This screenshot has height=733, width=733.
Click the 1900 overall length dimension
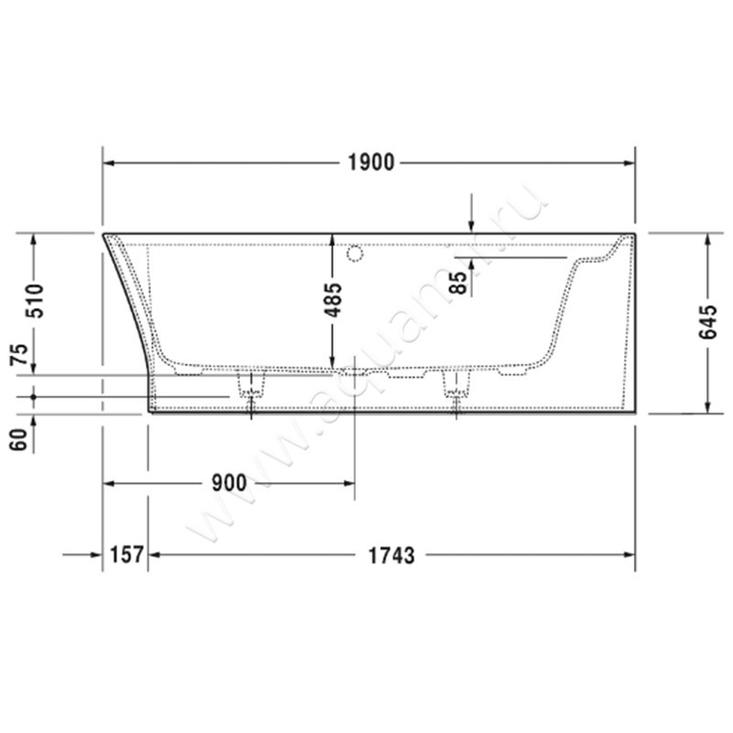(370, 163)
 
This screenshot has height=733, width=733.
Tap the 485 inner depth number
(334, 300)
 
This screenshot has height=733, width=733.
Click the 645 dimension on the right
(707, 323)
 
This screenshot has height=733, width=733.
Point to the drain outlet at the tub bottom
(353, 374)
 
